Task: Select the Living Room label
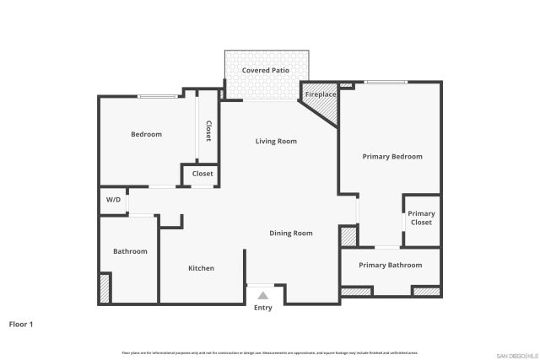276,142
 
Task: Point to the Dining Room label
291,233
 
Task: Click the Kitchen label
201,268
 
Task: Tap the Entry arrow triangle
263,295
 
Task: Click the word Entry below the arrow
263,308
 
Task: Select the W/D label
113,201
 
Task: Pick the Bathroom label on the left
131,251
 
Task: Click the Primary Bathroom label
390,266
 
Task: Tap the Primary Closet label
421,218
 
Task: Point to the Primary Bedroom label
392,156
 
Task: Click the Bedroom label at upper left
146,134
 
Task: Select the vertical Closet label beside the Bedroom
208,131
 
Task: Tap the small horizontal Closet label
202,174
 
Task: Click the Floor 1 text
21,324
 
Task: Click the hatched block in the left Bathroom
105,288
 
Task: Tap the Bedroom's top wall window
158,96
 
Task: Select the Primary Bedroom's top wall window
386,82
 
